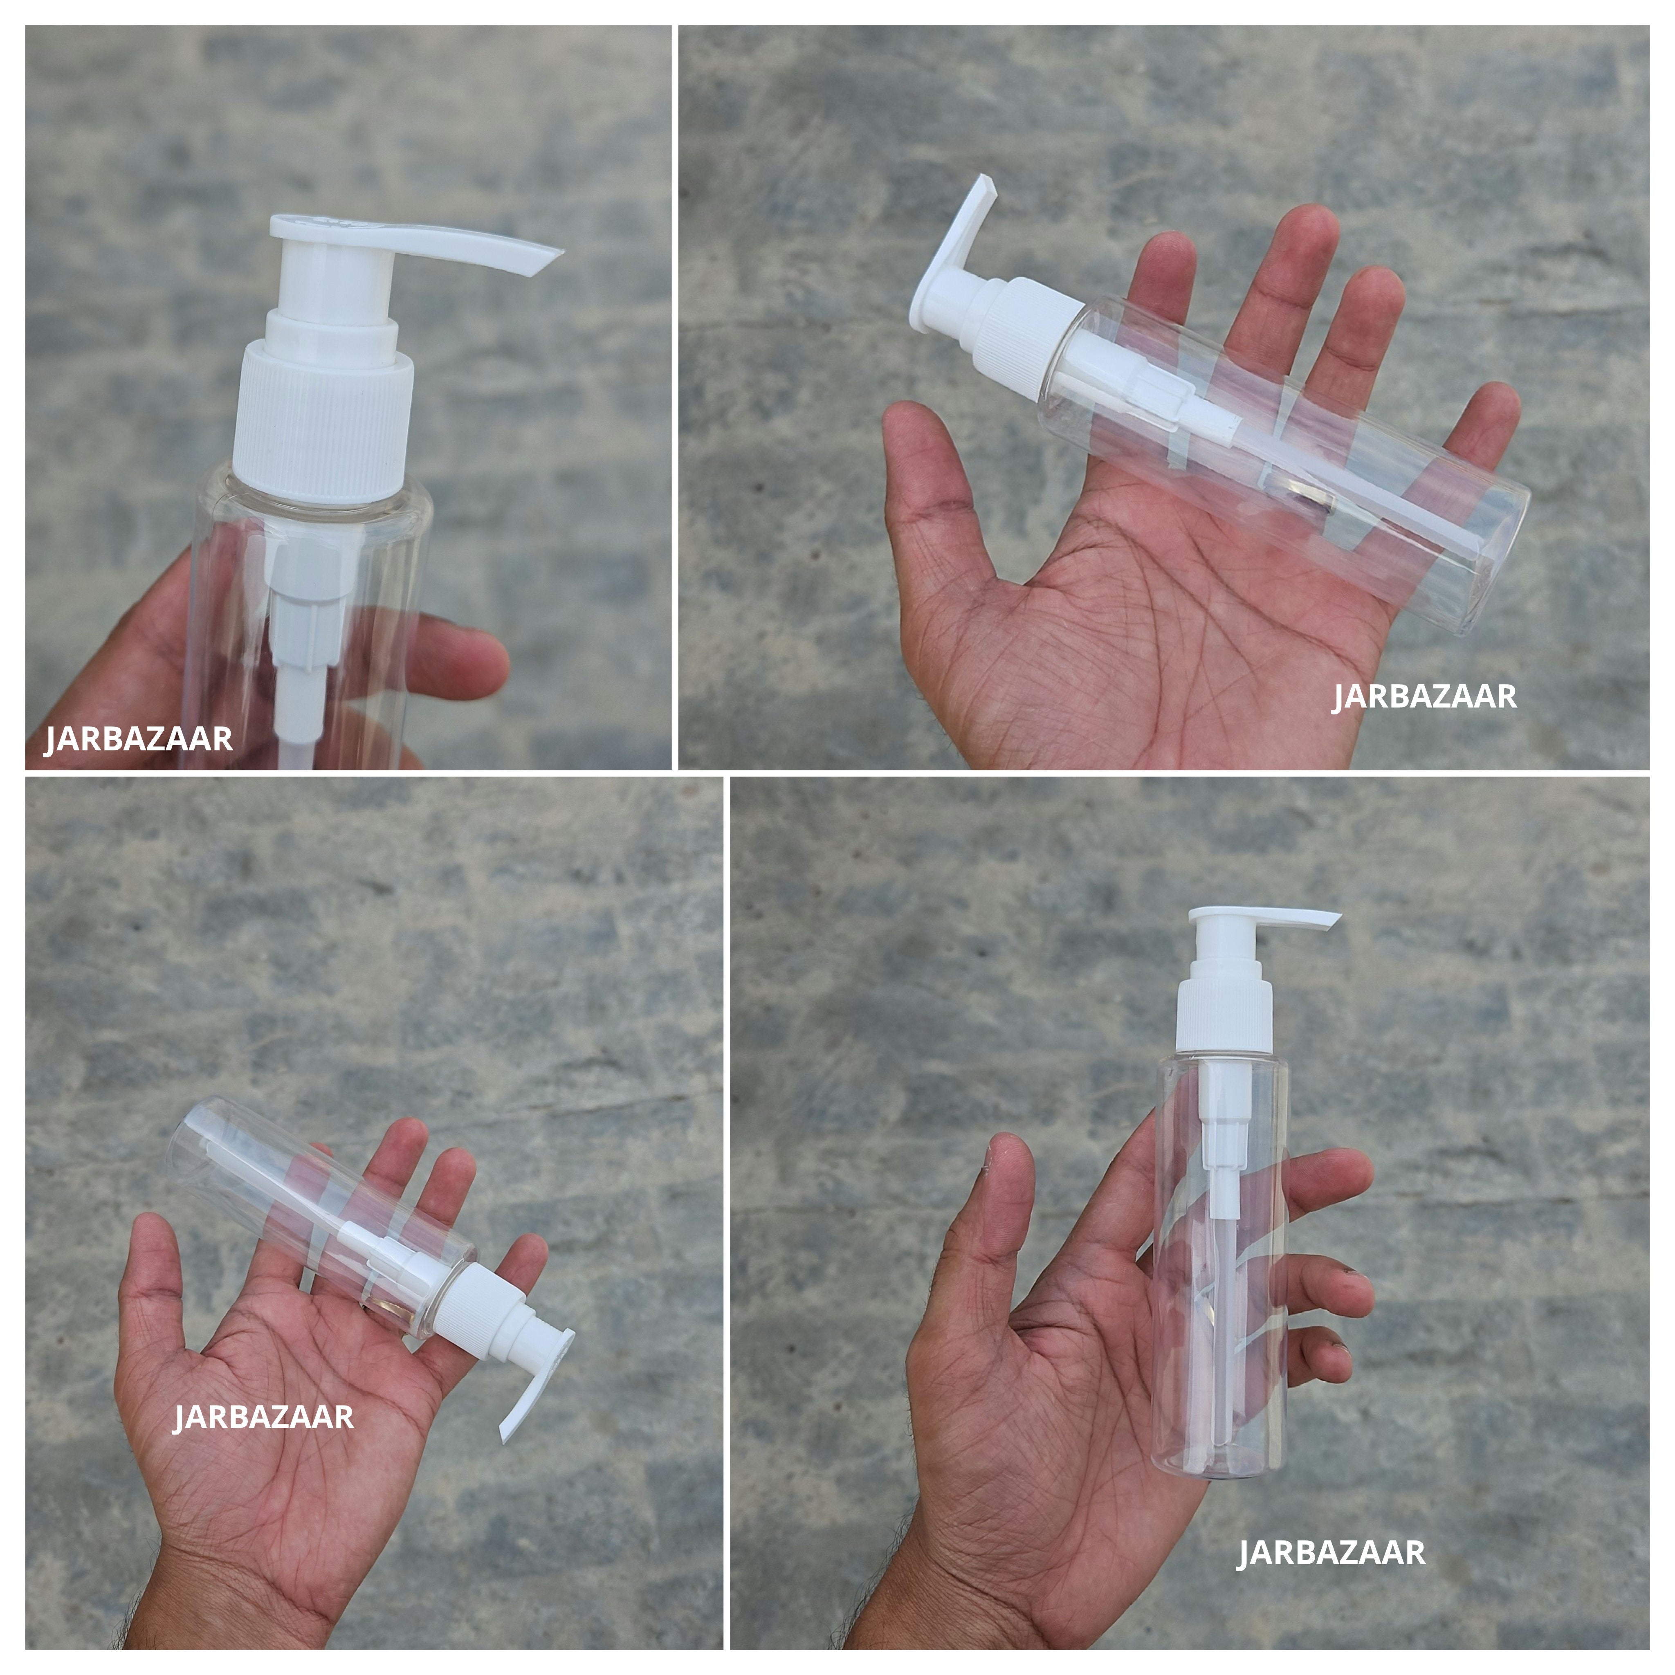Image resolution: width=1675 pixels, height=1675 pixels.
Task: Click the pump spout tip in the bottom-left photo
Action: coord(512,1430)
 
